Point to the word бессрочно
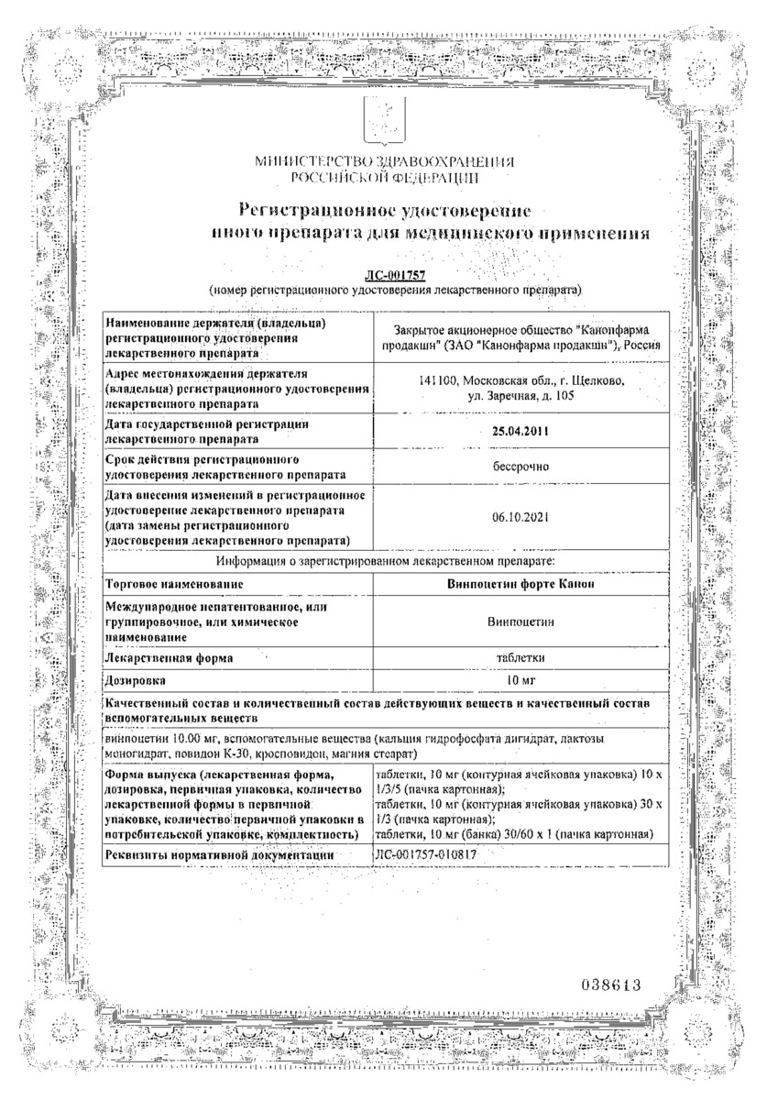tap(520, 467)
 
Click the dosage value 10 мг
tap(520, 681)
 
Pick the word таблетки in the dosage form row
tap(520, 657)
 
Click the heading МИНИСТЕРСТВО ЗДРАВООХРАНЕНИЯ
tap(385, 162)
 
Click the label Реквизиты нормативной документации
tap(219, 855)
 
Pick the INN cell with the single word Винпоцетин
tap(520, 621)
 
